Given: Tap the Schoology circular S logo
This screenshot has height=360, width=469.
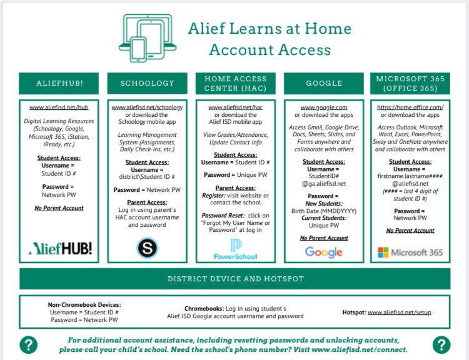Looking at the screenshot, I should coord(148,248).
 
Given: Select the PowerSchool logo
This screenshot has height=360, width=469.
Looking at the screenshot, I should coord(236,249).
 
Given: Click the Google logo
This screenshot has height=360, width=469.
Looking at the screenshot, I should coord(323,252).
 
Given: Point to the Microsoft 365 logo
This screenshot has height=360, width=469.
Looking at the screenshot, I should coord(411,252).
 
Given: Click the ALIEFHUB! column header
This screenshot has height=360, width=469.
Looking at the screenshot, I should coord(60,83).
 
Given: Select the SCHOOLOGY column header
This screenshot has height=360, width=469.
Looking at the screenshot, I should coord(148,83).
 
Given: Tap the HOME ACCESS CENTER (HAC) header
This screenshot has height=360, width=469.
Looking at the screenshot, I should coord(236,83).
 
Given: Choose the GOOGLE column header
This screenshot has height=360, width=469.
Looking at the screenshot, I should coord(324,83).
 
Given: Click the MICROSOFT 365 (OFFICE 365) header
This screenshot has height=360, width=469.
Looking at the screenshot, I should coord(411,83).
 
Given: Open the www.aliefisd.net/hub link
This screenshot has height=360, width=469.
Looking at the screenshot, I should coord(59,107).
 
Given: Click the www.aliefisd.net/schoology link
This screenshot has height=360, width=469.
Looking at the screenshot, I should coord(148,107).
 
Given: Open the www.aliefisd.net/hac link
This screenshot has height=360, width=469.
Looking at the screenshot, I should coord(236,107).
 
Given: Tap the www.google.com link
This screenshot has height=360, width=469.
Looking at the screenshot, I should coord(324,107).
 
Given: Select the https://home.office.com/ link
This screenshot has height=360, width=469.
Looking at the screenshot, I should coord(410,107).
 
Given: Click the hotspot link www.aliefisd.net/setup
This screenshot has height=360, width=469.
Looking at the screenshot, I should coord(399,312).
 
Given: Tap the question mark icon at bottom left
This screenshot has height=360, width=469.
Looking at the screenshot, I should coord(28,344).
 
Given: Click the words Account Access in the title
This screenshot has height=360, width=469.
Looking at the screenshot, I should coord(270,49).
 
